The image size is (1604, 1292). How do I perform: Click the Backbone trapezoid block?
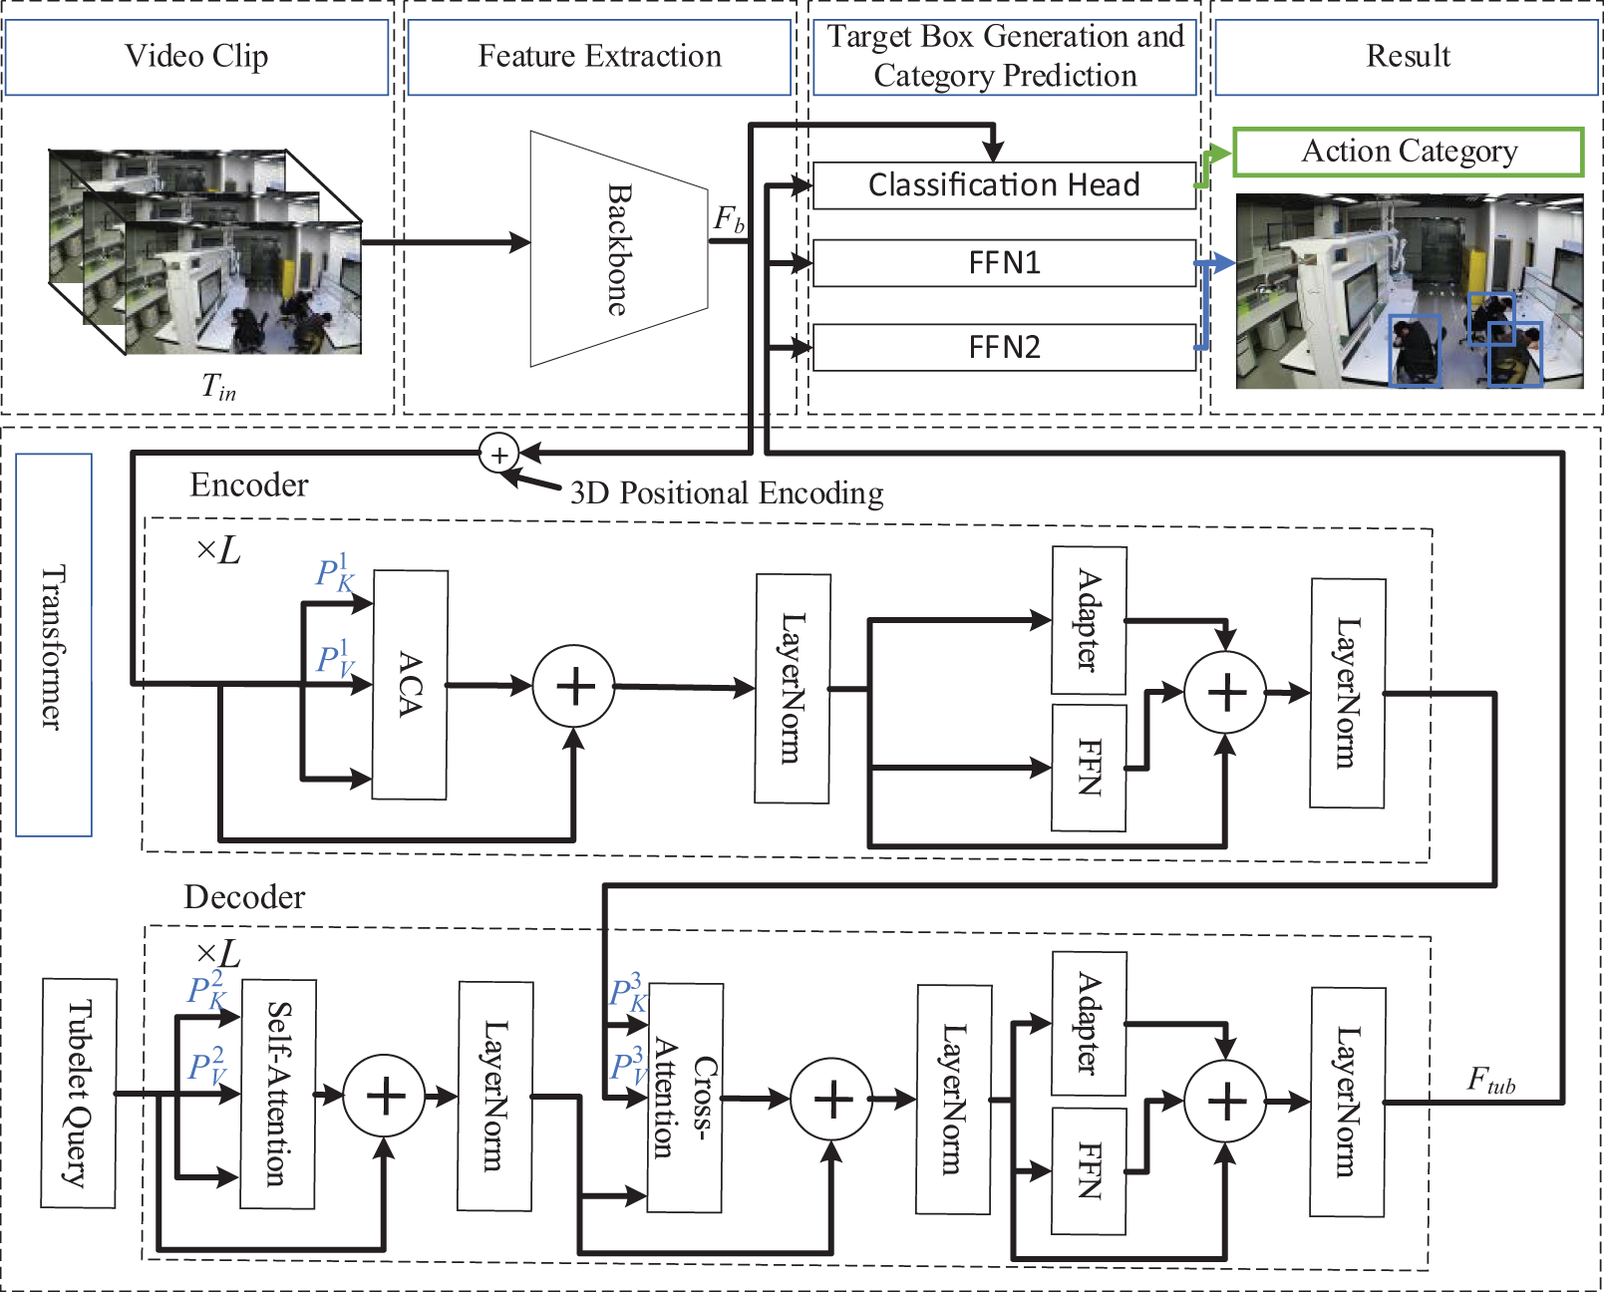pos(618,249)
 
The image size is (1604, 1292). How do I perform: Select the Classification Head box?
pos(1004,185)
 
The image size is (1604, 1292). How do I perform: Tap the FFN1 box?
pos(1004,263)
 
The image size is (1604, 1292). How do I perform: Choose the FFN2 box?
pos(1004,348)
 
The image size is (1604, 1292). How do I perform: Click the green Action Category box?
pos(1409,152)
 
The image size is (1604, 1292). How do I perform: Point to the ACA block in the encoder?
pos(410,685)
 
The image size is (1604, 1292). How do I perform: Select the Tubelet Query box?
pos(79,1093)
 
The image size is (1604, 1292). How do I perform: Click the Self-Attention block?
pos(278,1094)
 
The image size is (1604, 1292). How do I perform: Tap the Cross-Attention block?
pos(685,1099)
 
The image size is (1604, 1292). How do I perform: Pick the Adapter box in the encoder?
pos(1090,620)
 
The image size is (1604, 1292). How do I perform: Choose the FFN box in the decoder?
pos(1089,1170)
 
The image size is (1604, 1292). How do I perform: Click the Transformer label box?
pos(54,645)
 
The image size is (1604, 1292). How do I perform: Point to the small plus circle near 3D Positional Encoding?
pos(498,455)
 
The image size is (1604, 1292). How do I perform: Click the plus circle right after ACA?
pos(574,687)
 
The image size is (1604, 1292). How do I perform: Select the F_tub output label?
pos(1490,1081)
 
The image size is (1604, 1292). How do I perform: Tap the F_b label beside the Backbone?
pos(729,219)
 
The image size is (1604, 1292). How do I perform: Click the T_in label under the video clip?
pos(218,386)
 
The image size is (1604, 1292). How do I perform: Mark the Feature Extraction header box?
pos(599,57)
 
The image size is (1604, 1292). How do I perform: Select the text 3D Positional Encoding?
pos(726,493)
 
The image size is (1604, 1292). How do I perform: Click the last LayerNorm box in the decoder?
pos(1347,1102)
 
